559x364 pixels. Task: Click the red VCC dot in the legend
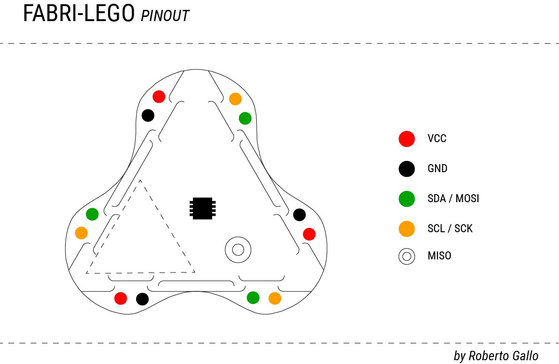point(406,138)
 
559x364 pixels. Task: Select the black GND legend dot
point(406,168)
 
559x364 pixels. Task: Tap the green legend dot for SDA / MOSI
point(406,199)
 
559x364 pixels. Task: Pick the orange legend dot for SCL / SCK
point(406,229)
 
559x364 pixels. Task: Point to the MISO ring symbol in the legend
point(406,256)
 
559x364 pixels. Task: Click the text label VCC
point(437,139)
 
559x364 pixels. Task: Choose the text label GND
point(437,169)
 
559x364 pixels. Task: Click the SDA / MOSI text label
point(453,199)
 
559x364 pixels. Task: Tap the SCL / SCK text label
point(450,229)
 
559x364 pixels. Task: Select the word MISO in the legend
point(439,256)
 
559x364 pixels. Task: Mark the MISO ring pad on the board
point(237,249)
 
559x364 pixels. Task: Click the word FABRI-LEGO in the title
point(79,15)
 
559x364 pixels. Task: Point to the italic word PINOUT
point(165,16)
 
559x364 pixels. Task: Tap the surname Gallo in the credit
point(522,356)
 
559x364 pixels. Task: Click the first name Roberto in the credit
point(486,356)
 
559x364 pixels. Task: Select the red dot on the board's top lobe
point(159,97)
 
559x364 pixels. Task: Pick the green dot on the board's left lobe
point(92,214)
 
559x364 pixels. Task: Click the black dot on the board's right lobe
point(299,215)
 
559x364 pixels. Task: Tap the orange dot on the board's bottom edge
point(275,298)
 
